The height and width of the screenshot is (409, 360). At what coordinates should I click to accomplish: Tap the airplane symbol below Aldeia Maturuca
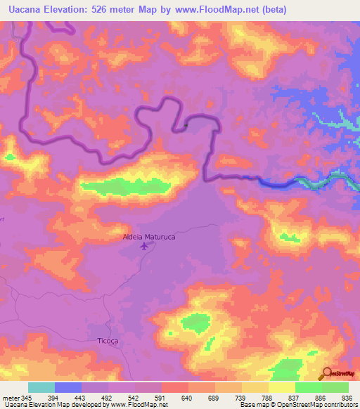coord(145,247)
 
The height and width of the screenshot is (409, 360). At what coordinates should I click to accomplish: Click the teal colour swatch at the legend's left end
coord(41,387)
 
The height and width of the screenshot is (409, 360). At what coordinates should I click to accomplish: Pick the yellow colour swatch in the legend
coord(281,387)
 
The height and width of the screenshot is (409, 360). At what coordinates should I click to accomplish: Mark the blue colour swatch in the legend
coord(68,387)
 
